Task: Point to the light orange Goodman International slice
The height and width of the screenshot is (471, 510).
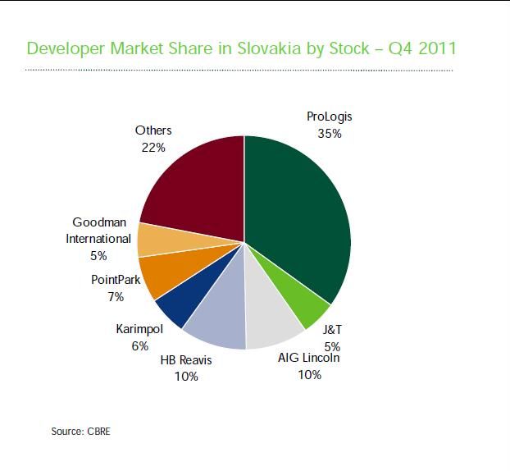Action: click(x=153, y=239)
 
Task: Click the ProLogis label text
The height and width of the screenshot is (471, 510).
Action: click(x=329, y=117)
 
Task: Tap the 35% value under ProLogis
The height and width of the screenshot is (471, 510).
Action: click(x=330, y=133)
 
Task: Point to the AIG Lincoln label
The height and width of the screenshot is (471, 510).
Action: click(x=309, y=358)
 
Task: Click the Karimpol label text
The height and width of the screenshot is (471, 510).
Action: click(x=139, y=329)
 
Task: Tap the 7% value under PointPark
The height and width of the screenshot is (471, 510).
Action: click(x=116, y=296)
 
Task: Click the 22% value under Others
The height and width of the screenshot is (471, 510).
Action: click(x=153, y=148)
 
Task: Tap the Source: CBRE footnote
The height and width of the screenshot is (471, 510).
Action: click(x=80, y=431)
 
